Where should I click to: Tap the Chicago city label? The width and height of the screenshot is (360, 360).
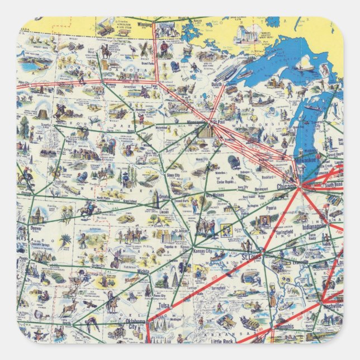(x=287, y=186)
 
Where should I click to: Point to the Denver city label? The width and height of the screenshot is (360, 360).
(x=36, y=229)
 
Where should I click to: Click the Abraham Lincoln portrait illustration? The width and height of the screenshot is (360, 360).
(x=264, y=220)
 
